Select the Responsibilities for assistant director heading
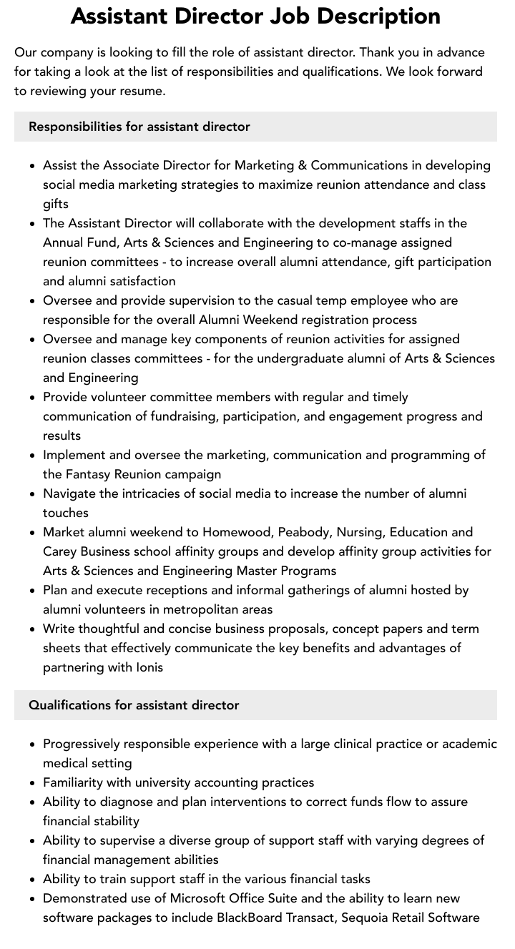coord(139,127)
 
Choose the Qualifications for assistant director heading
coord(134,705)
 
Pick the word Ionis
coord(149,667)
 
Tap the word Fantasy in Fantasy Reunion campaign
coord(90,474)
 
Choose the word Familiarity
coord(77,782)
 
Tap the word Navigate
coord(70,493)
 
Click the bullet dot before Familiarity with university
coord(32,783)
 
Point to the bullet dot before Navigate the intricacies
coord(32,494)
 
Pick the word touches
coord(66,513)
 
